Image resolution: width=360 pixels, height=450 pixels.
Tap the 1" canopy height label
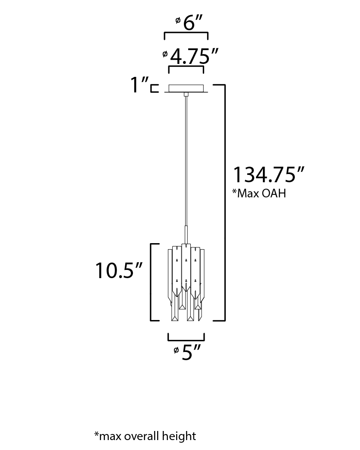click(x=139, y=85)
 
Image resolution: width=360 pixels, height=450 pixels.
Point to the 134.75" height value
click(x=268, y=174)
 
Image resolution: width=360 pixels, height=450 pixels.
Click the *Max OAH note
click(x=259, y=193)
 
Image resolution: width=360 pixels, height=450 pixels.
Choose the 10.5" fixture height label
click(x=118, y=270)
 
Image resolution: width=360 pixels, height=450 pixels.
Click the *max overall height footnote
click(x=145, y=436)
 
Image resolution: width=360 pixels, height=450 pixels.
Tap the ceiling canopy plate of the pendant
click(x=186, y=89)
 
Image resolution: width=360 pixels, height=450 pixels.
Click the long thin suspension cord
click(x=186, y=161)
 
